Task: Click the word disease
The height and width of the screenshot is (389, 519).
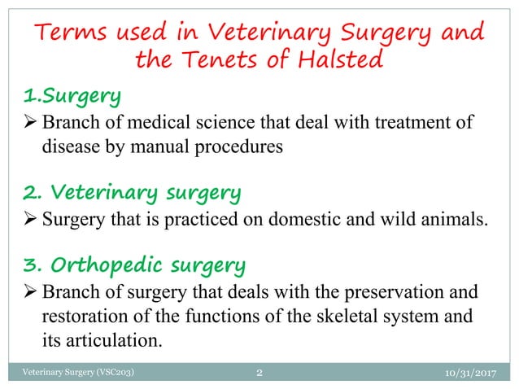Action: click(x=70, y=149)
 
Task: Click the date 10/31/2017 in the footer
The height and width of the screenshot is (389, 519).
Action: click(x=476, y=374)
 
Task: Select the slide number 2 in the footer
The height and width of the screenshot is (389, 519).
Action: click(x=259, y=374)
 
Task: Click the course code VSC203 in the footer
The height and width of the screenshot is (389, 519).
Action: click(x=113, y=374)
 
